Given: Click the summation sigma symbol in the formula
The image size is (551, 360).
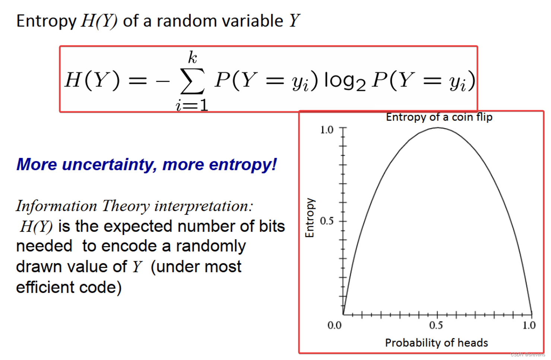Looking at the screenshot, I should [192, 81].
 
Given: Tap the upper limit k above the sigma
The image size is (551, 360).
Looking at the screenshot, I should [192, 58].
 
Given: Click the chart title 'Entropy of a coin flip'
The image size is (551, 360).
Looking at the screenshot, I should [439, 117].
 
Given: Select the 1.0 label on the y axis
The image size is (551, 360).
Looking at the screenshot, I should [327, 130].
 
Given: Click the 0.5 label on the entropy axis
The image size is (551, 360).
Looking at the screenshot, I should [327, 221].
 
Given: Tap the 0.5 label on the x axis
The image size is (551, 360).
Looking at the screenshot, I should [436, 325].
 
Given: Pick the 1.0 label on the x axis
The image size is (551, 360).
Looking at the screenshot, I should [529, 325].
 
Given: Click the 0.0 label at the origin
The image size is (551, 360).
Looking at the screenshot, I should [334, 325].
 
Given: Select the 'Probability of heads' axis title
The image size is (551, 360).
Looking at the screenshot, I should [436, 343].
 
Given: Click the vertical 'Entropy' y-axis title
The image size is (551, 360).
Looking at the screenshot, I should [310, 218].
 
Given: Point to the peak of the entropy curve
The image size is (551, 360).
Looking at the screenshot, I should [438, 128].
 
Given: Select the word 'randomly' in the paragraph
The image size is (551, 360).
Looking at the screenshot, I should [211, 246].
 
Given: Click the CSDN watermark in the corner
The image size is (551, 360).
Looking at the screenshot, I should [528, 355].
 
